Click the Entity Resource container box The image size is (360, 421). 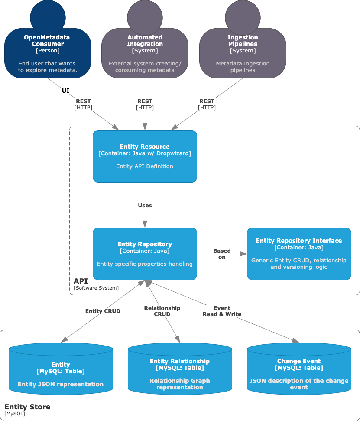145,156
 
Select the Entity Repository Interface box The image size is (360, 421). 299,254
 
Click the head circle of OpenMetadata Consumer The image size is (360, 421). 48,16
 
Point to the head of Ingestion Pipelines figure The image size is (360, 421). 243,16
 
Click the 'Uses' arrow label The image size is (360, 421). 145,205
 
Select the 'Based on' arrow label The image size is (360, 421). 222,254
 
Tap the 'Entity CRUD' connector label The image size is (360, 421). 103,311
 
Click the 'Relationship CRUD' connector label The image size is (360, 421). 162,311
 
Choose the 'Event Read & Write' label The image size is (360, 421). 222,311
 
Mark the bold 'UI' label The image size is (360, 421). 66,91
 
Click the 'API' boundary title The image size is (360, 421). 81,281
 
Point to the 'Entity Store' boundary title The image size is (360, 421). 27,407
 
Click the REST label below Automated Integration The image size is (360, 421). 145,101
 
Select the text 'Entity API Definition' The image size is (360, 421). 145,166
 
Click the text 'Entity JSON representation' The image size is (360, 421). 61,384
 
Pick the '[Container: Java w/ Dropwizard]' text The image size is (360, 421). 145,153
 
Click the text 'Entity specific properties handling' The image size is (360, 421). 145,264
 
